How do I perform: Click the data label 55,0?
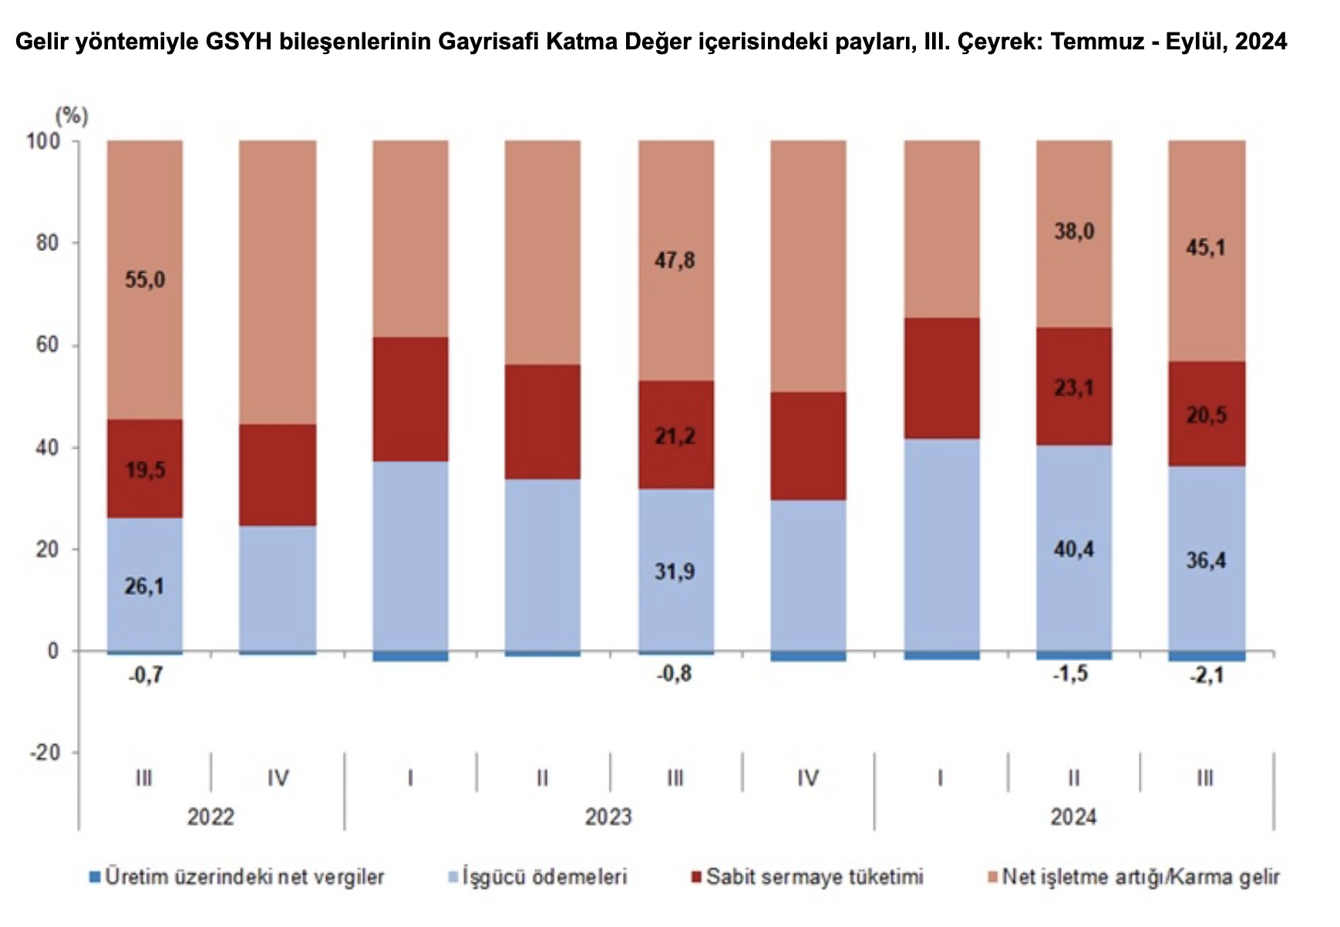[145, 279]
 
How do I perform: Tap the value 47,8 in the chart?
[675, 261]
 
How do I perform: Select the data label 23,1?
[1073, 387]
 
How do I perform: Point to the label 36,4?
[1206, 560]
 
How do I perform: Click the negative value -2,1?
[1206, 676]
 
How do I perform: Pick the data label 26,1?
[144, 586]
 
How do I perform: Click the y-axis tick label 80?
[47, 243]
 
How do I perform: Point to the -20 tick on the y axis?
[44, 753]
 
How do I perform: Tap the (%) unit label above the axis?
[72, 116]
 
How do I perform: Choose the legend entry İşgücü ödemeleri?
[544, 877]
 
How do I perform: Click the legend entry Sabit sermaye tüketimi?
[814, 877]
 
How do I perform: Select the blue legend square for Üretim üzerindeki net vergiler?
[96, 877]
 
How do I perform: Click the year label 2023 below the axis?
[608, 817]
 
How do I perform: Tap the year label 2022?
[210, 817]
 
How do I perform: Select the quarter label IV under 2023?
[807, 778]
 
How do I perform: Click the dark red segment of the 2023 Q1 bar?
[410, 399]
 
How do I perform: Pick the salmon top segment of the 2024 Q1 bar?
[941, 228]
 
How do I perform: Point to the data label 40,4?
[1073, 549]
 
